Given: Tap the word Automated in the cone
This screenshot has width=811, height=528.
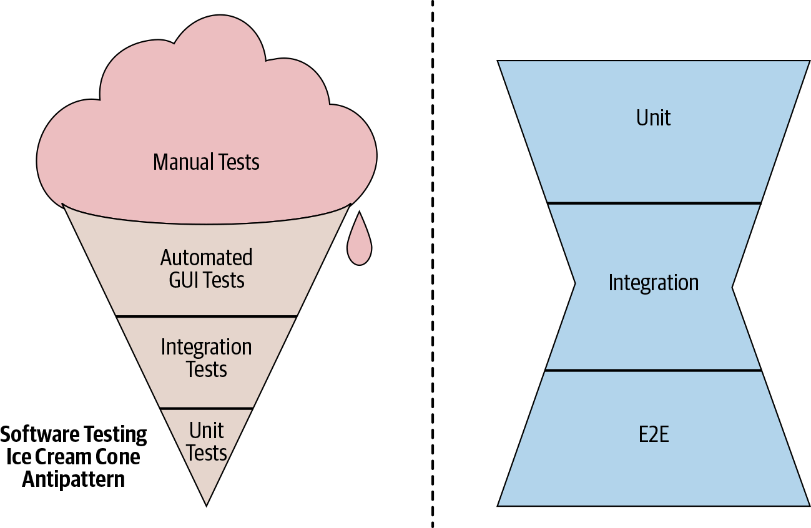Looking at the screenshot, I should coord(207,257).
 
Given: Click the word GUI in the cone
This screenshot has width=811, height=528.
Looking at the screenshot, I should coord(184,280).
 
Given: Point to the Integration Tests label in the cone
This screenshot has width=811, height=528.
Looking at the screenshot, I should coord(207,358).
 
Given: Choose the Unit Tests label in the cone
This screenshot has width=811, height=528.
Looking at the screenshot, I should coord(207,441).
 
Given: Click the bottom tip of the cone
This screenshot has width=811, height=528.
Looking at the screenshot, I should coord(207,503).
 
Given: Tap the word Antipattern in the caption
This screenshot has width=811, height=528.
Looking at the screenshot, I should coord(74,479).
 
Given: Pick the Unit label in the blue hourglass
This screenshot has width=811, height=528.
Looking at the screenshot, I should coord(654,117).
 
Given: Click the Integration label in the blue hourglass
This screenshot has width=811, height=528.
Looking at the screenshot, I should coord(654,283).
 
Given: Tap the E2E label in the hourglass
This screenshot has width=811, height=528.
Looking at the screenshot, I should coord(654,434).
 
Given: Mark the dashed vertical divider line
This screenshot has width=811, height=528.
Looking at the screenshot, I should coord(432,262).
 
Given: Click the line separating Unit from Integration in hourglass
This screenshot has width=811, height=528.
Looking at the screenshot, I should coord(654,203).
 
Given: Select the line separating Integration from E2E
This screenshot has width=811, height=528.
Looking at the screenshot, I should coord(654,371).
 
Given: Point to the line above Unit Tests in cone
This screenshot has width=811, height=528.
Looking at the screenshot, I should coord(207,408).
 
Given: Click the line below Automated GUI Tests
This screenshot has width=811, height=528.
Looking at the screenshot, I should coord(207,316).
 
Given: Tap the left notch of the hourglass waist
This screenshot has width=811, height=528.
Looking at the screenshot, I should coord(575,284).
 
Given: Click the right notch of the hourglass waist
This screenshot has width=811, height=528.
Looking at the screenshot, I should coord(732,286).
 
